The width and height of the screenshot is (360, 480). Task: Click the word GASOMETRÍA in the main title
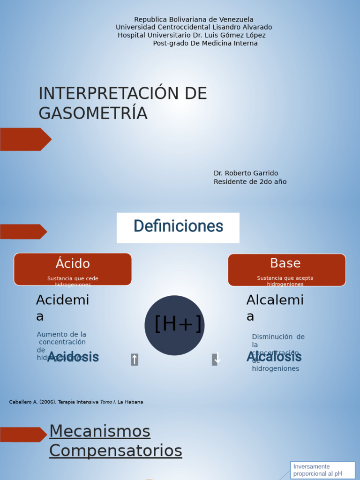[93, 113]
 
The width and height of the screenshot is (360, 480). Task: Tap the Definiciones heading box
[178, 227]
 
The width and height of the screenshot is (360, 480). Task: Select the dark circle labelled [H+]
[174, 325]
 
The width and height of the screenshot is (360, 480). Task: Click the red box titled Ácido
[73, 269]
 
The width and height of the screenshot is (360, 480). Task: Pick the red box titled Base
[286, 269]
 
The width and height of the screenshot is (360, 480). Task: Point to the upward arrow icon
[135, 360]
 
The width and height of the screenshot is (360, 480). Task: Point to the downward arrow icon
[216, 359]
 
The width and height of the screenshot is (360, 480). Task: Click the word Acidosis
[73, 357]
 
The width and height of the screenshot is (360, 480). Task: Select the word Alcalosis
[274, 357]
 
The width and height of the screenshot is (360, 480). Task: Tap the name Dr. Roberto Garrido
[246, 173]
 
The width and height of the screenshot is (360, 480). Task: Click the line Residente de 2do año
[250, 182]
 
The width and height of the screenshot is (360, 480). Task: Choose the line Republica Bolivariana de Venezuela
[194, 20]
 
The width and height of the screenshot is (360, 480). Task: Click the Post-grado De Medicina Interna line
[205, 44]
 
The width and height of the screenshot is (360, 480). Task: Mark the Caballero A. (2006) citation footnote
[76, 402]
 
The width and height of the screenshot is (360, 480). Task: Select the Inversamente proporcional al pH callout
[322, 470]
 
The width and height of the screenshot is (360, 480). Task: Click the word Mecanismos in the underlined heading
[100, 431]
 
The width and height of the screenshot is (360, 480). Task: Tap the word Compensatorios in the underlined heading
[116, 451]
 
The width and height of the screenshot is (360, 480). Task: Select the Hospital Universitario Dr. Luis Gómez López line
[192, 36]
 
